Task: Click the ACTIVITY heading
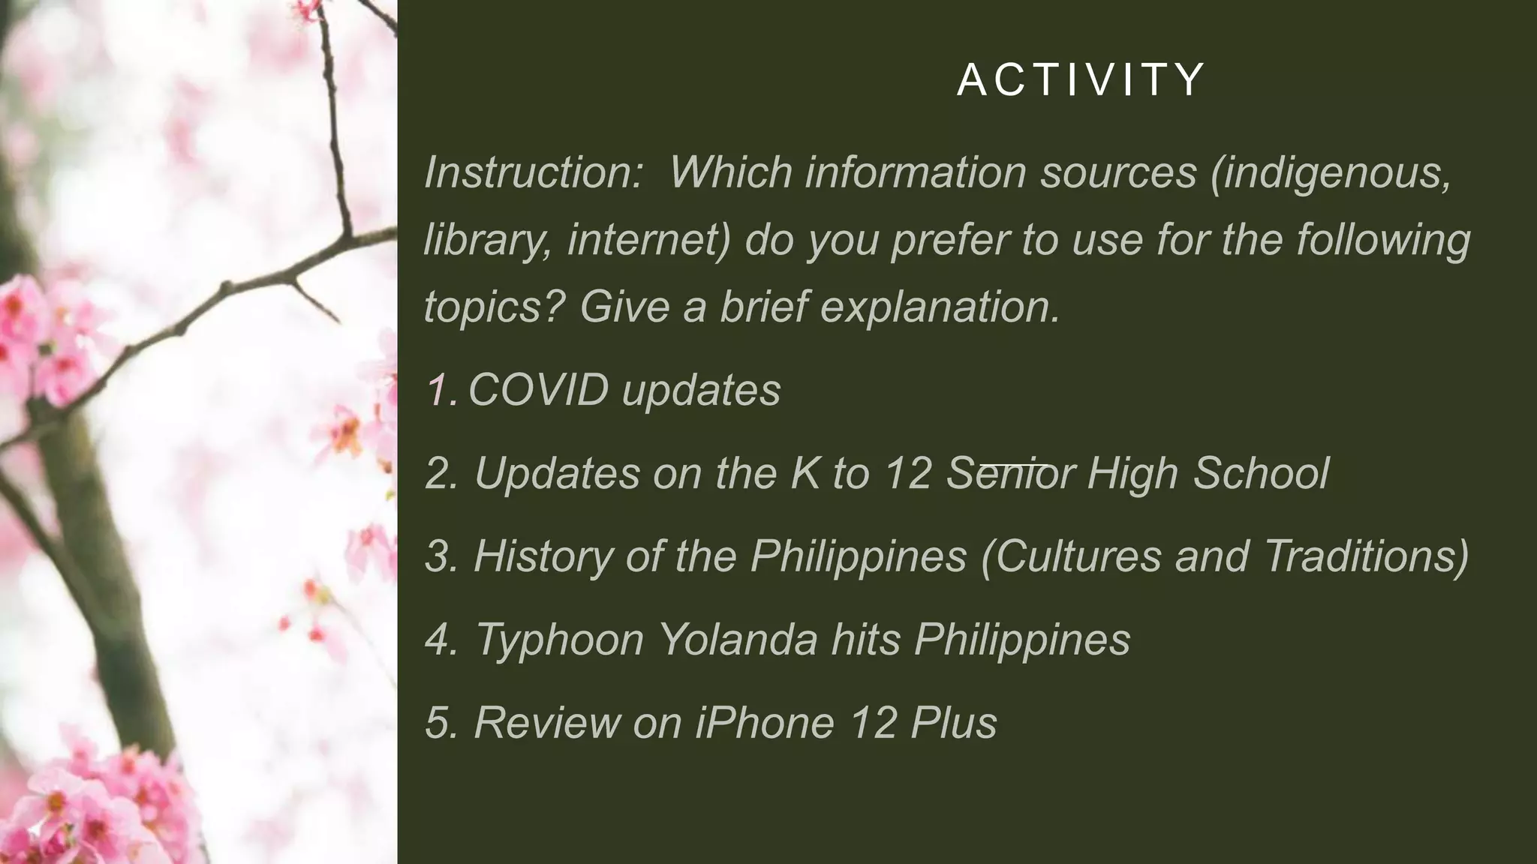click(x=1081, y=79)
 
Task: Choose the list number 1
click(x=441, y=391)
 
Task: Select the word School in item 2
click(x=1261, y=473)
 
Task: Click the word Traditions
click(x=1366, y=556)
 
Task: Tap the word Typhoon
click(x=560, y=640)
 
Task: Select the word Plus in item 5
click(x=953, y=722)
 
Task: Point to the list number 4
click(x=441, y=640)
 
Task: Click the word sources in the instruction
click(x=1118, y=172)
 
